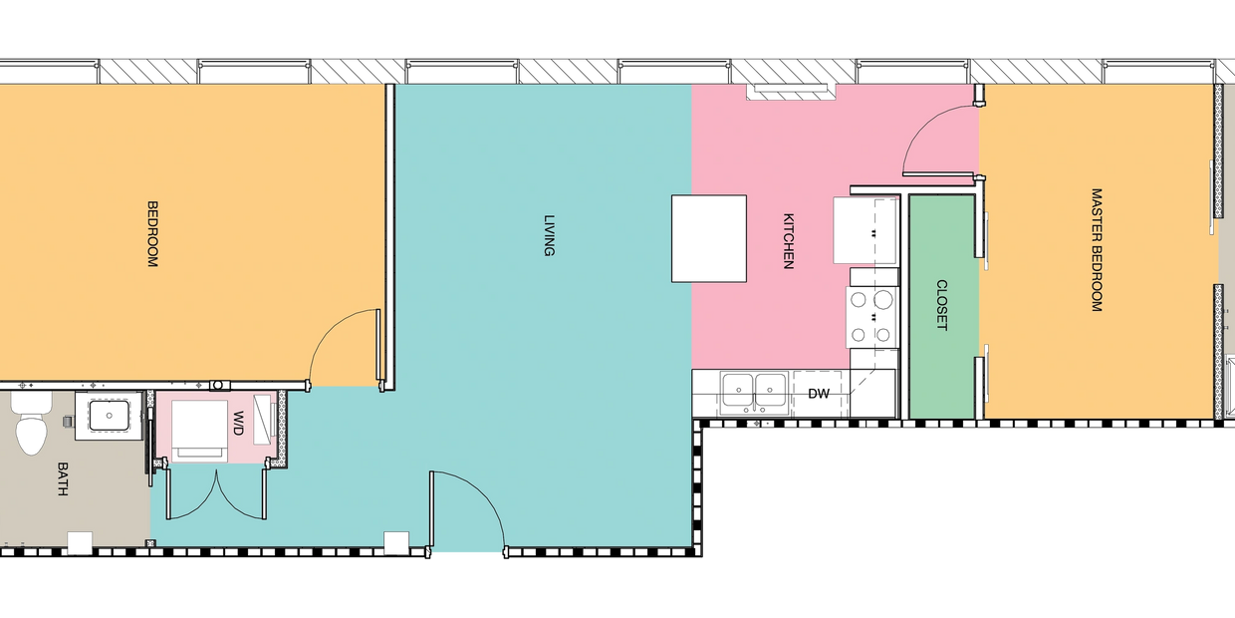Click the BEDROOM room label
[152, 234]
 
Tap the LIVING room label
[549, 235]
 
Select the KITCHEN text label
[789, 241]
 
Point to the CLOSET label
[942, 305]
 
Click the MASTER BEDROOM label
[1097, 250]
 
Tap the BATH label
[63, 478]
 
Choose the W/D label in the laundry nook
[238, 424]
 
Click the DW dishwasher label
[819, 394]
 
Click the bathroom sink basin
[110, 416]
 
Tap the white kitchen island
[709, 238]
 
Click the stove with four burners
[871, 317]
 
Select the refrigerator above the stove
[865, 230]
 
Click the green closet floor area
[942, 307]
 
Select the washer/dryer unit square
[199, 431]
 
